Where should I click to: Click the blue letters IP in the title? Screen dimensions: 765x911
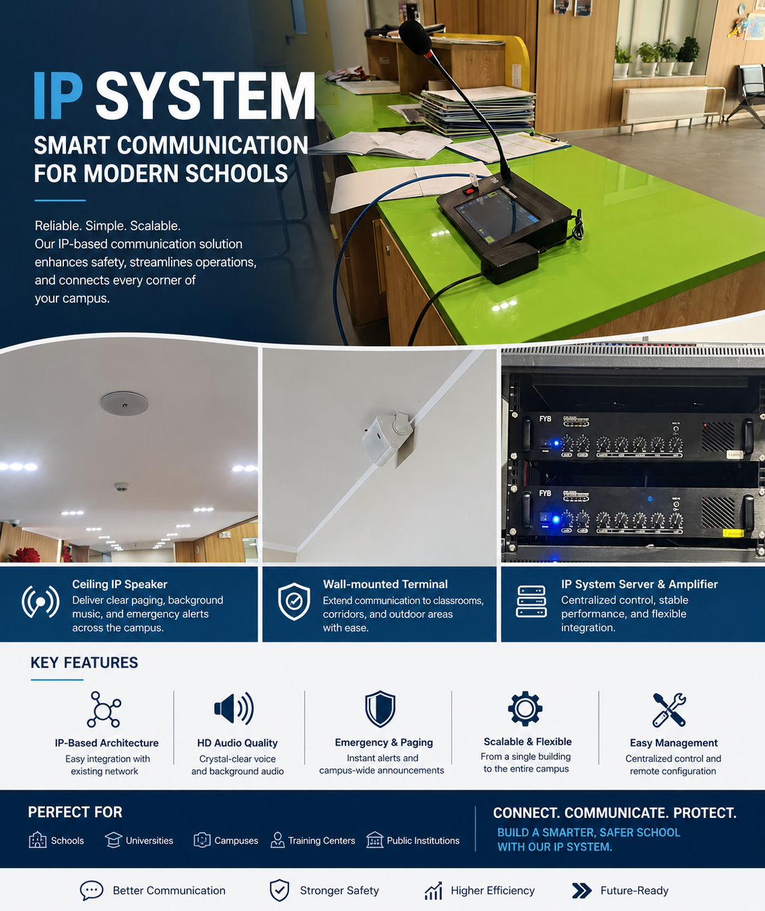pos(58,96)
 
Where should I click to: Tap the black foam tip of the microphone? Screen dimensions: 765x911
pos(415,37)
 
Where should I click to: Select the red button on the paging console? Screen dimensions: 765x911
pos(469,191)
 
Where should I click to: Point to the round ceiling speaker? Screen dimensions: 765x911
pos(125,403)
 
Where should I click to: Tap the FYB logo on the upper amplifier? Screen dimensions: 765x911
pos(545,419)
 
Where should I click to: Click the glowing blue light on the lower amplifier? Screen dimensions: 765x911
pos(556,520)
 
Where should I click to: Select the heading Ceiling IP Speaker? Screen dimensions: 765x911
pos(120,584)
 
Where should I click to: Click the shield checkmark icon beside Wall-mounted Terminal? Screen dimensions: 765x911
pos(294,601)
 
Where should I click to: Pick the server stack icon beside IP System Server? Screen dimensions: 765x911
pos(531,602)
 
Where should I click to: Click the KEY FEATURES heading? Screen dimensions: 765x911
pos(85,663)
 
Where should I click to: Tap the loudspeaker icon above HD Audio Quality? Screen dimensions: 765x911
pos(234,709)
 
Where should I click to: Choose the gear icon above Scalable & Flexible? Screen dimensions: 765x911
pos(525,709)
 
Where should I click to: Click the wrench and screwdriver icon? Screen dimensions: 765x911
pos(669,710)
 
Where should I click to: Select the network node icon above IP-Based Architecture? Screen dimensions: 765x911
pos(104,709)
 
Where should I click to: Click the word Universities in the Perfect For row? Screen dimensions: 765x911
pos(149,840)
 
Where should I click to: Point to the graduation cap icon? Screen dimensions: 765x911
pos(114,840)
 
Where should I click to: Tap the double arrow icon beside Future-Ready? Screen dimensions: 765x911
pos(582,890)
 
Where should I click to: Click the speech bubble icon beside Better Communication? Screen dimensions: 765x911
pos(92,890)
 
